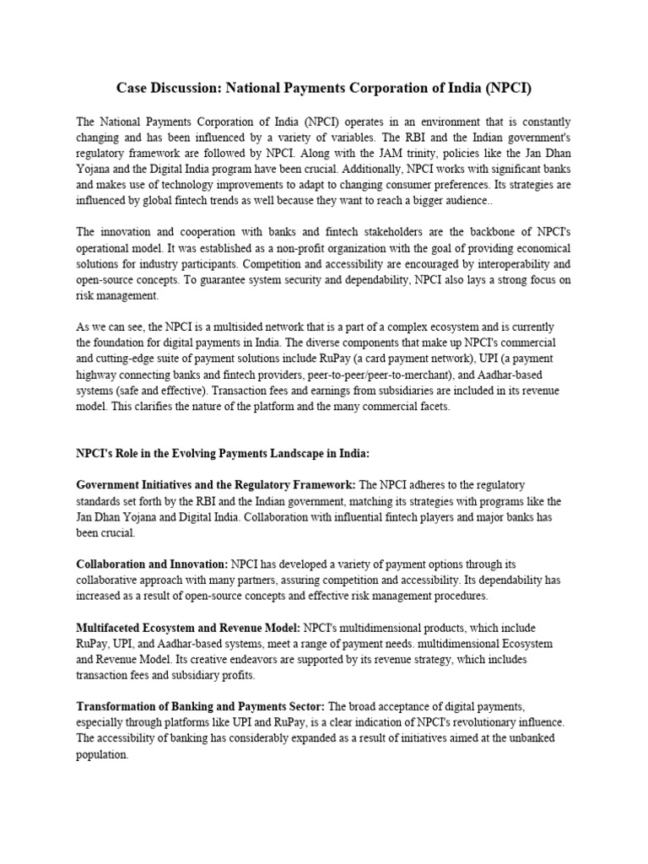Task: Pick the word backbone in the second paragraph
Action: tap(486, 232)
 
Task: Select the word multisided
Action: tap(224, 327)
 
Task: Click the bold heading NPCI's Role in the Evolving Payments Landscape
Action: tap(223, 453)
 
